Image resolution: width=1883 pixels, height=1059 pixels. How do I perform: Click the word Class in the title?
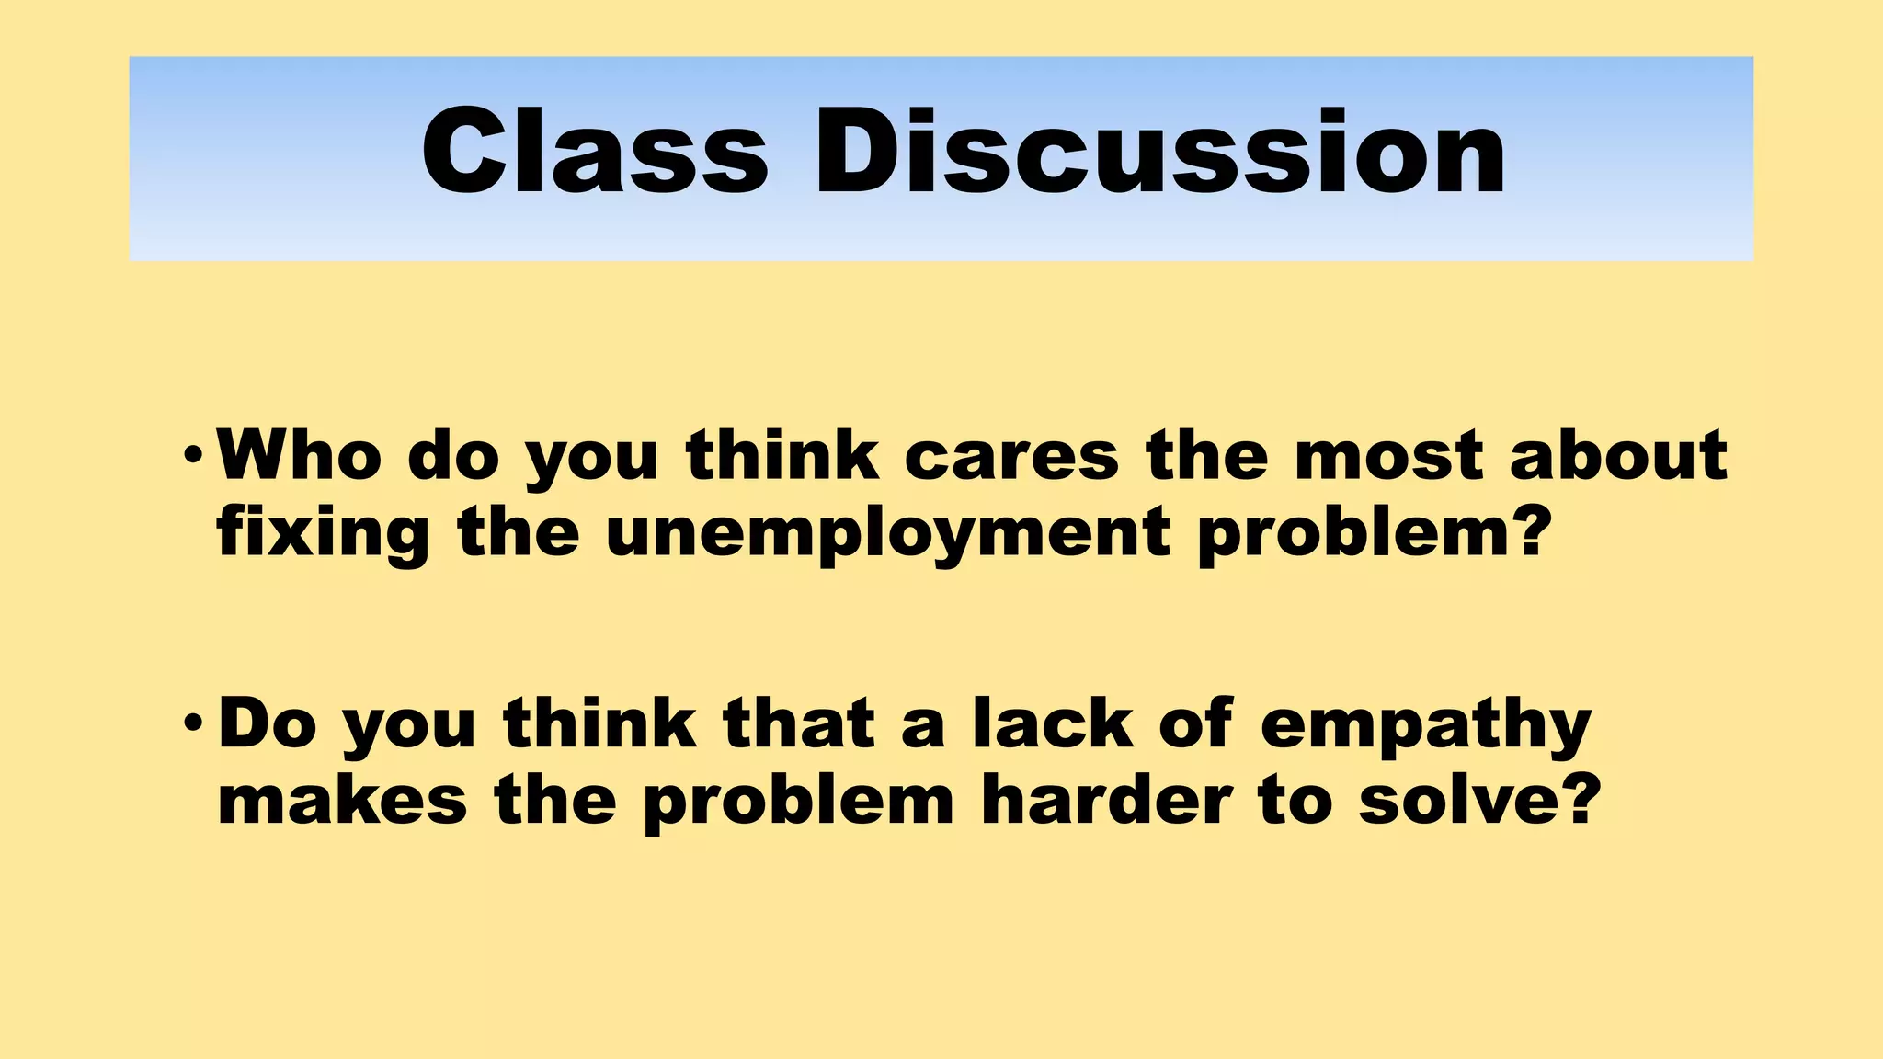(594, 152)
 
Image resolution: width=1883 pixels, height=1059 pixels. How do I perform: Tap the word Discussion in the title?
(1159, 152)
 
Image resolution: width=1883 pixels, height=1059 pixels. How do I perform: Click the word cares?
(1011, 456)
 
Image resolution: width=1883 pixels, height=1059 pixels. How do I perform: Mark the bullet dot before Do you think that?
(191, 723)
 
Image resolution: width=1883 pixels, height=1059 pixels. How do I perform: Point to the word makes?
(342, 800)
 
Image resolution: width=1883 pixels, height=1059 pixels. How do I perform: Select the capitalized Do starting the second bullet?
(268, 723)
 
